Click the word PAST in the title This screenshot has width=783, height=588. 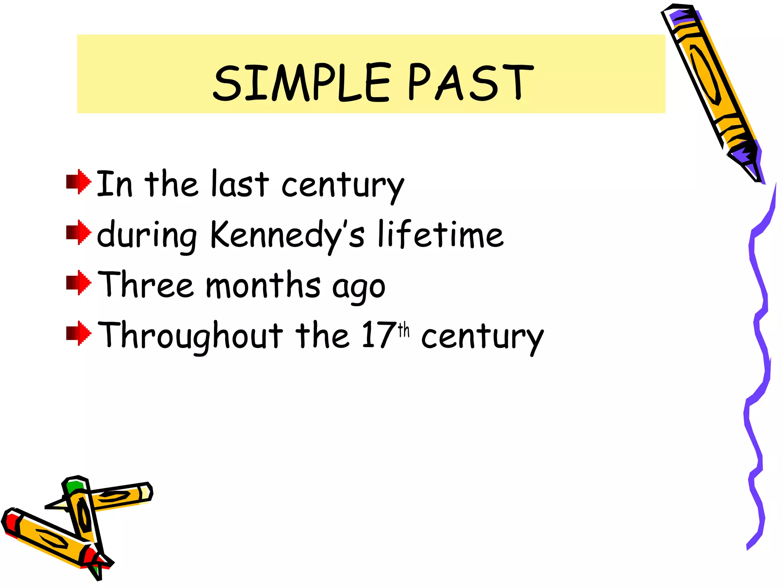click(470, 82)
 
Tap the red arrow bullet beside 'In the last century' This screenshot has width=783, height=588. click(79, 182)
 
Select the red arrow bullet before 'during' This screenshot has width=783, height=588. click(79, 232)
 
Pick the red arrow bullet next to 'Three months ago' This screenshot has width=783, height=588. click(79, 283)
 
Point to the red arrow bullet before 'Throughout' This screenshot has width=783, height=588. click(79, 333)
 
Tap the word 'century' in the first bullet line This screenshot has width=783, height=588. click(343, 186)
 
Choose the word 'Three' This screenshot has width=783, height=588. click(146, 285)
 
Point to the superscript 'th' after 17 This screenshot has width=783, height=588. click(404, 330)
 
